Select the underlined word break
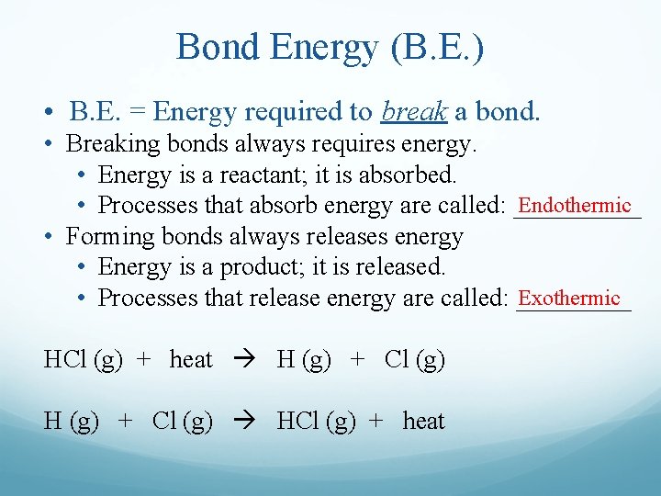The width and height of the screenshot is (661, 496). pos(413,112)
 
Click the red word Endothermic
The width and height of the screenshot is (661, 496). pos(575,205)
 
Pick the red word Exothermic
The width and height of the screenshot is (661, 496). pos(569,298)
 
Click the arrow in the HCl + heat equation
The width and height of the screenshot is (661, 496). pos(244,360)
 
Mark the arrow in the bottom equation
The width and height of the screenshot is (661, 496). pos(244,422)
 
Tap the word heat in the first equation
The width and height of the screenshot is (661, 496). pos(191,360)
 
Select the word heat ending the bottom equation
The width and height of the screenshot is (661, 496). pos(423,422)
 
